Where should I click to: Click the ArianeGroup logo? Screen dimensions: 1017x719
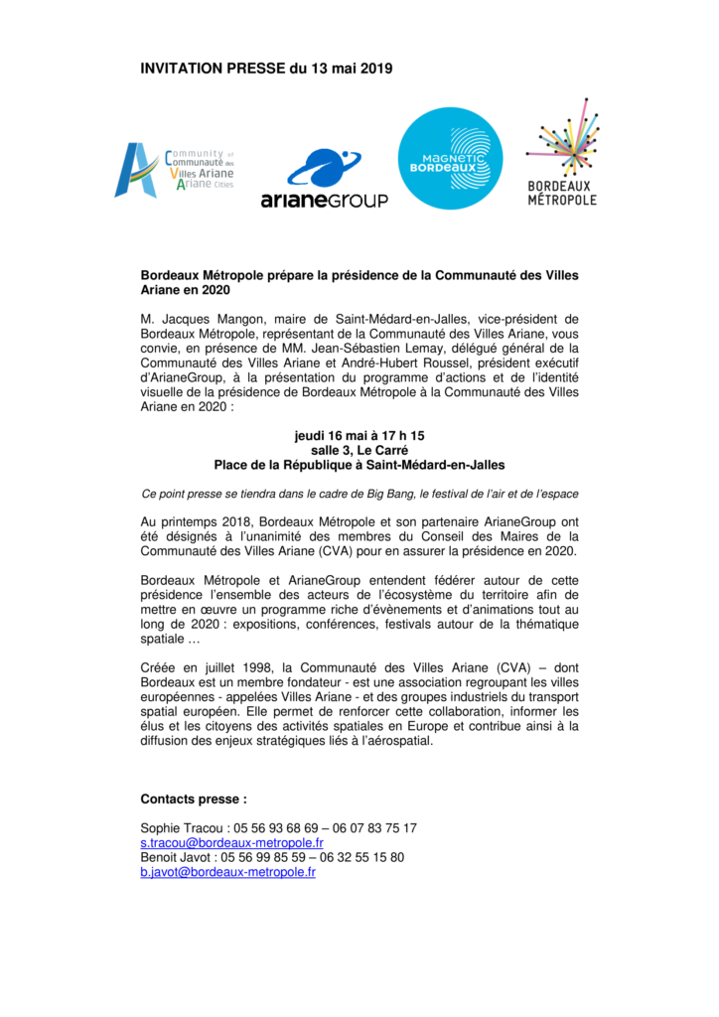pos(324,179)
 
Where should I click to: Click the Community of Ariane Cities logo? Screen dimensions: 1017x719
pos(174,169)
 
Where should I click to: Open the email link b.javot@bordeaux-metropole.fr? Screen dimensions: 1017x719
pos(227,872)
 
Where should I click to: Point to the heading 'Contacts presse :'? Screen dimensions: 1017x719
pos(194,799)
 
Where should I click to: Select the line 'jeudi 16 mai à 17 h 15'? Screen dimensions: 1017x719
pos(359,436)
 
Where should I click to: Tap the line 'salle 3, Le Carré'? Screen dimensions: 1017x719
pos(359,450)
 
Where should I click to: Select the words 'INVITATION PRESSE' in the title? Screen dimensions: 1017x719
pos(213,69)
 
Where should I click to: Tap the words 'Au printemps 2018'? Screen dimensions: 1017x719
pos(196,521)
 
